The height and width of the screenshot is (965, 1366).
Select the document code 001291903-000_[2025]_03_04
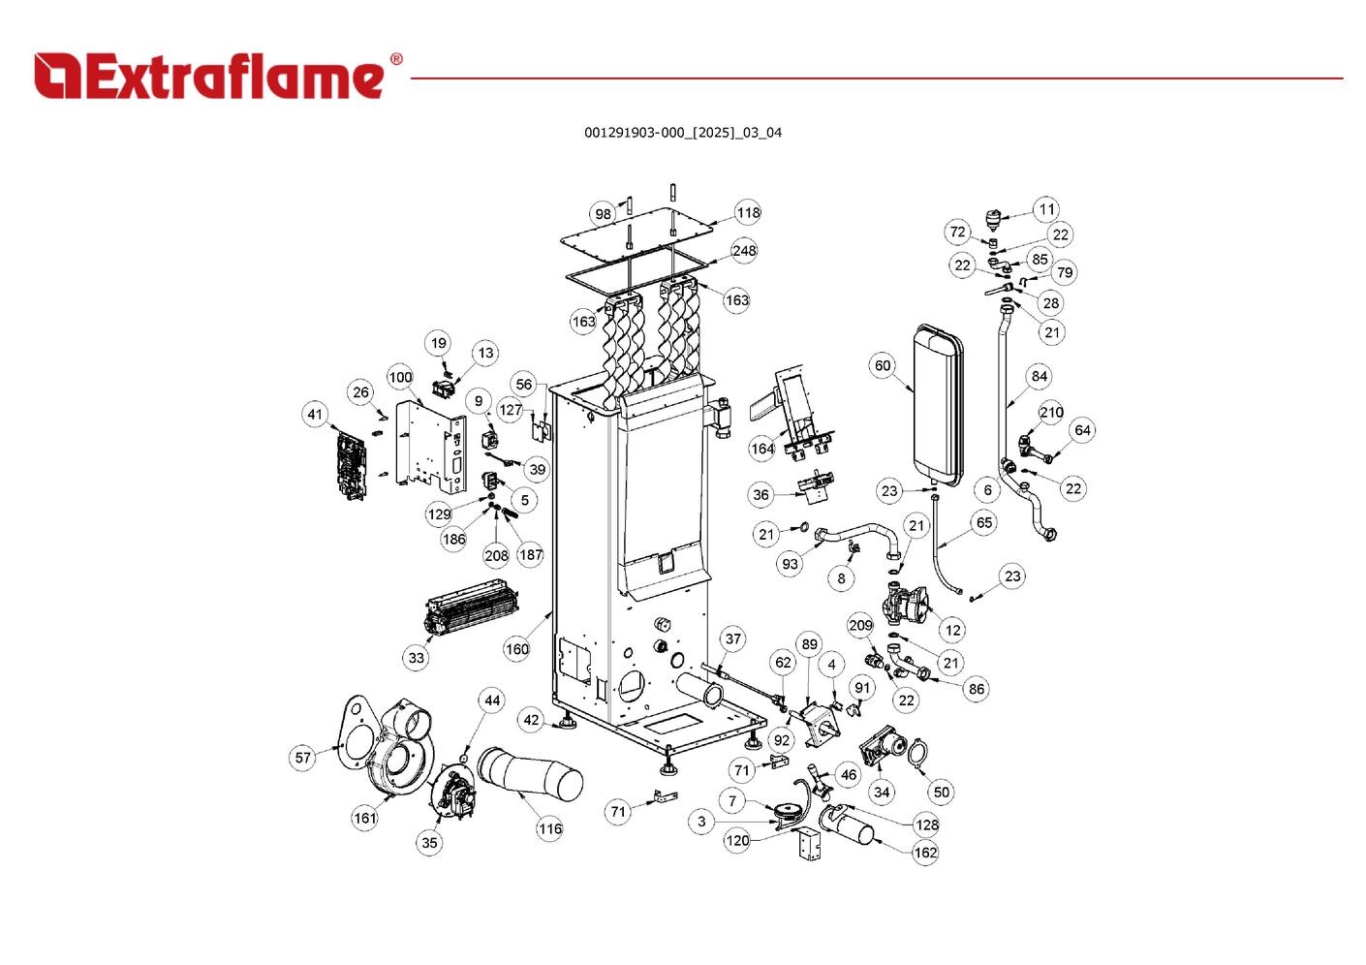tap(682, 133)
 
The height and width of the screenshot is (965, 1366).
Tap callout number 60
tap(882, 365)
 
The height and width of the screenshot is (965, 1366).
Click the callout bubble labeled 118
tap(748, 213)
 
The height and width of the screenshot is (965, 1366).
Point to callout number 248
tap(743, 251)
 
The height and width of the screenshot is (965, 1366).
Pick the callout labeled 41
tap(315, 415)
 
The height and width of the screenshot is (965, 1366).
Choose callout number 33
tap(416, 657)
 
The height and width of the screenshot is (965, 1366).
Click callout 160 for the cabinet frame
tap(517, 648)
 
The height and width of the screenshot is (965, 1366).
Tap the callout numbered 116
tap(549, 828)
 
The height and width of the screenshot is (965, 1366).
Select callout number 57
tap(303, 757)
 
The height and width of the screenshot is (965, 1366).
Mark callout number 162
tap(925, 853)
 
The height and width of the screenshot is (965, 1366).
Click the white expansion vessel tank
tap(935, 399)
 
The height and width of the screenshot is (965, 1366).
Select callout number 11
tap(1046, 209)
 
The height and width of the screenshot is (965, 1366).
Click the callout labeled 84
tap(1039, 376)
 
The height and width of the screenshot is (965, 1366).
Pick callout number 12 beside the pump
tap(952, 630)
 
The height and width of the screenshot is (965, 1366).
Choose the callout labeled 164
tap(762, 449)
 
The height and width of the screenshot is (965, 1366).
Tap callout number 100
tap(400, 377)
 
